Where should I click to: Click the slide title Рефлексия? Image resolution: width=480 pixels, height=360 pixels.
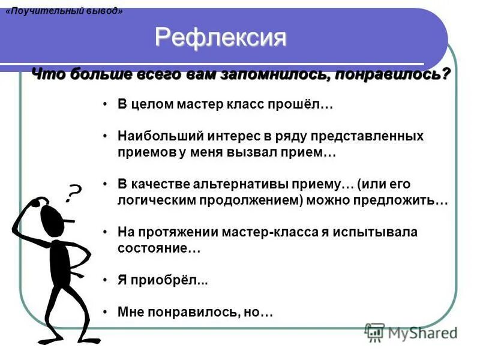coord(221,38)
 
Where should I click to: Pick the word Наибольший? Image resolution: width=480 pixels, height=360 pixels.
coord(152,136)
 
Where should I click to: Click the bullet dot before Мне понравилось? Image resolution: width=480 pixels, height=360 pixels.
coord(105,312)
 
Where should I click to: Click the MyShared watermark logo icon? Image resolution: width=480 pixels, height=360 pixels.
coord(374,332)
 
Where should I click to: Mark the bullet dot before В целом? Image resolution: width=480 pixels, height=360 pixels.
coord(105,104)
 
